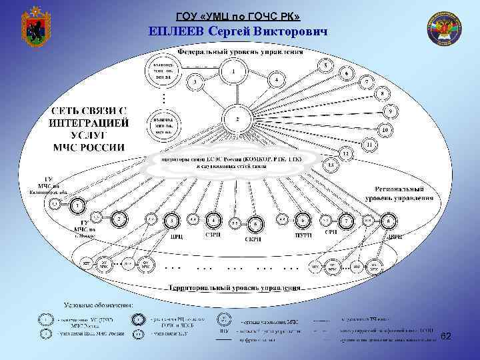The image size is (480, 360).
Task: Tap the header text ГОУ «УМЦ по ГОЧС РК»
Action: pyautogui.click(x=242, y=15)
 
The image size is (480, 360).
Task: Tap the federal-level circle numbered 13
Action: pyautogui.click(x=330, y=164)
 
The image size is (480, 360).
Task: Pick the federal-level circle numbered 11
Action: pyautogui.click(x=369, y=143)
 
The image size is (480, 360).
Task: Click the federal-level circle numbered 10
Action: pyautogui.click(x=385, y=128)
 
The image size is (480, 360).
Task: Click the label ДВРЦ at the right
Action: pyautogui.click(x=395, y=236)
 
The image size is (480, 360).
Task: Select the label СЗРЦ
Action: pyautogui.click(x=213, y=235)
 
